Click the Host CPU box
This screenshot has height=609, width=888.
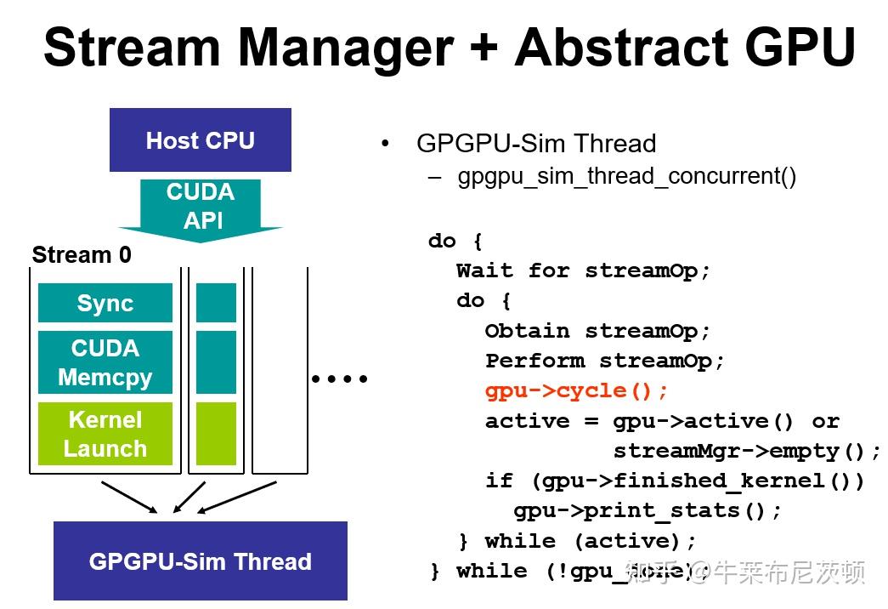200,140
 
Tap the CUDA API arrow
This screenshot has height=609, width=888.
201,208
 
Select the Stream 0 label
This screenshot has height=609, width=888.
82,254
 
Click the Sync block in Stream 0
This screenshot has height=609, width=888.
105,304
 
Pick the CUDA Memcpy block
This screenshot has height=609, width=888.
105,362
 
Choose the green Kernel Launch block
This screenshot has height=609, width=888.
105,434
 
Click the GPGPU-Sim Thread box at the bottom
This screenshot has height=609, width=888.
200,561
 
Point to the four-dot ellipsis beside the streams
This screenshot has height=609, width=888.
339,379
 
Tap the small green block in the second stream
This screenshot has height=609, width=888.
216,434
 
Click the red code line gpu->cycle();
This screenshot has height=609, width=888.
577,391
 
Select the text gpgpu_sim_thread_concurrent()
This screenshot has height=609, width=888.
627,177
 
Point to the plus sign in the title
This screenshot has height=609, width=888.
482,48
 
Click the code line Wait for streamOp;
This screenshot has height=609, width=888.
583,271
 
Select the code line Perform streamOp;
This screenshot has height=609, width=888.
605,361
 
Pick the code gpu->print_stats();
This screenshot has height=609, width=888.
648,510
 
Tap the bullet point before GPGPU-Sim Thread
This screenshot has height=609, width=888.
387,143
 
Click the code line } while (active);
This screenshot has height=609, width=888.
577,541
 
